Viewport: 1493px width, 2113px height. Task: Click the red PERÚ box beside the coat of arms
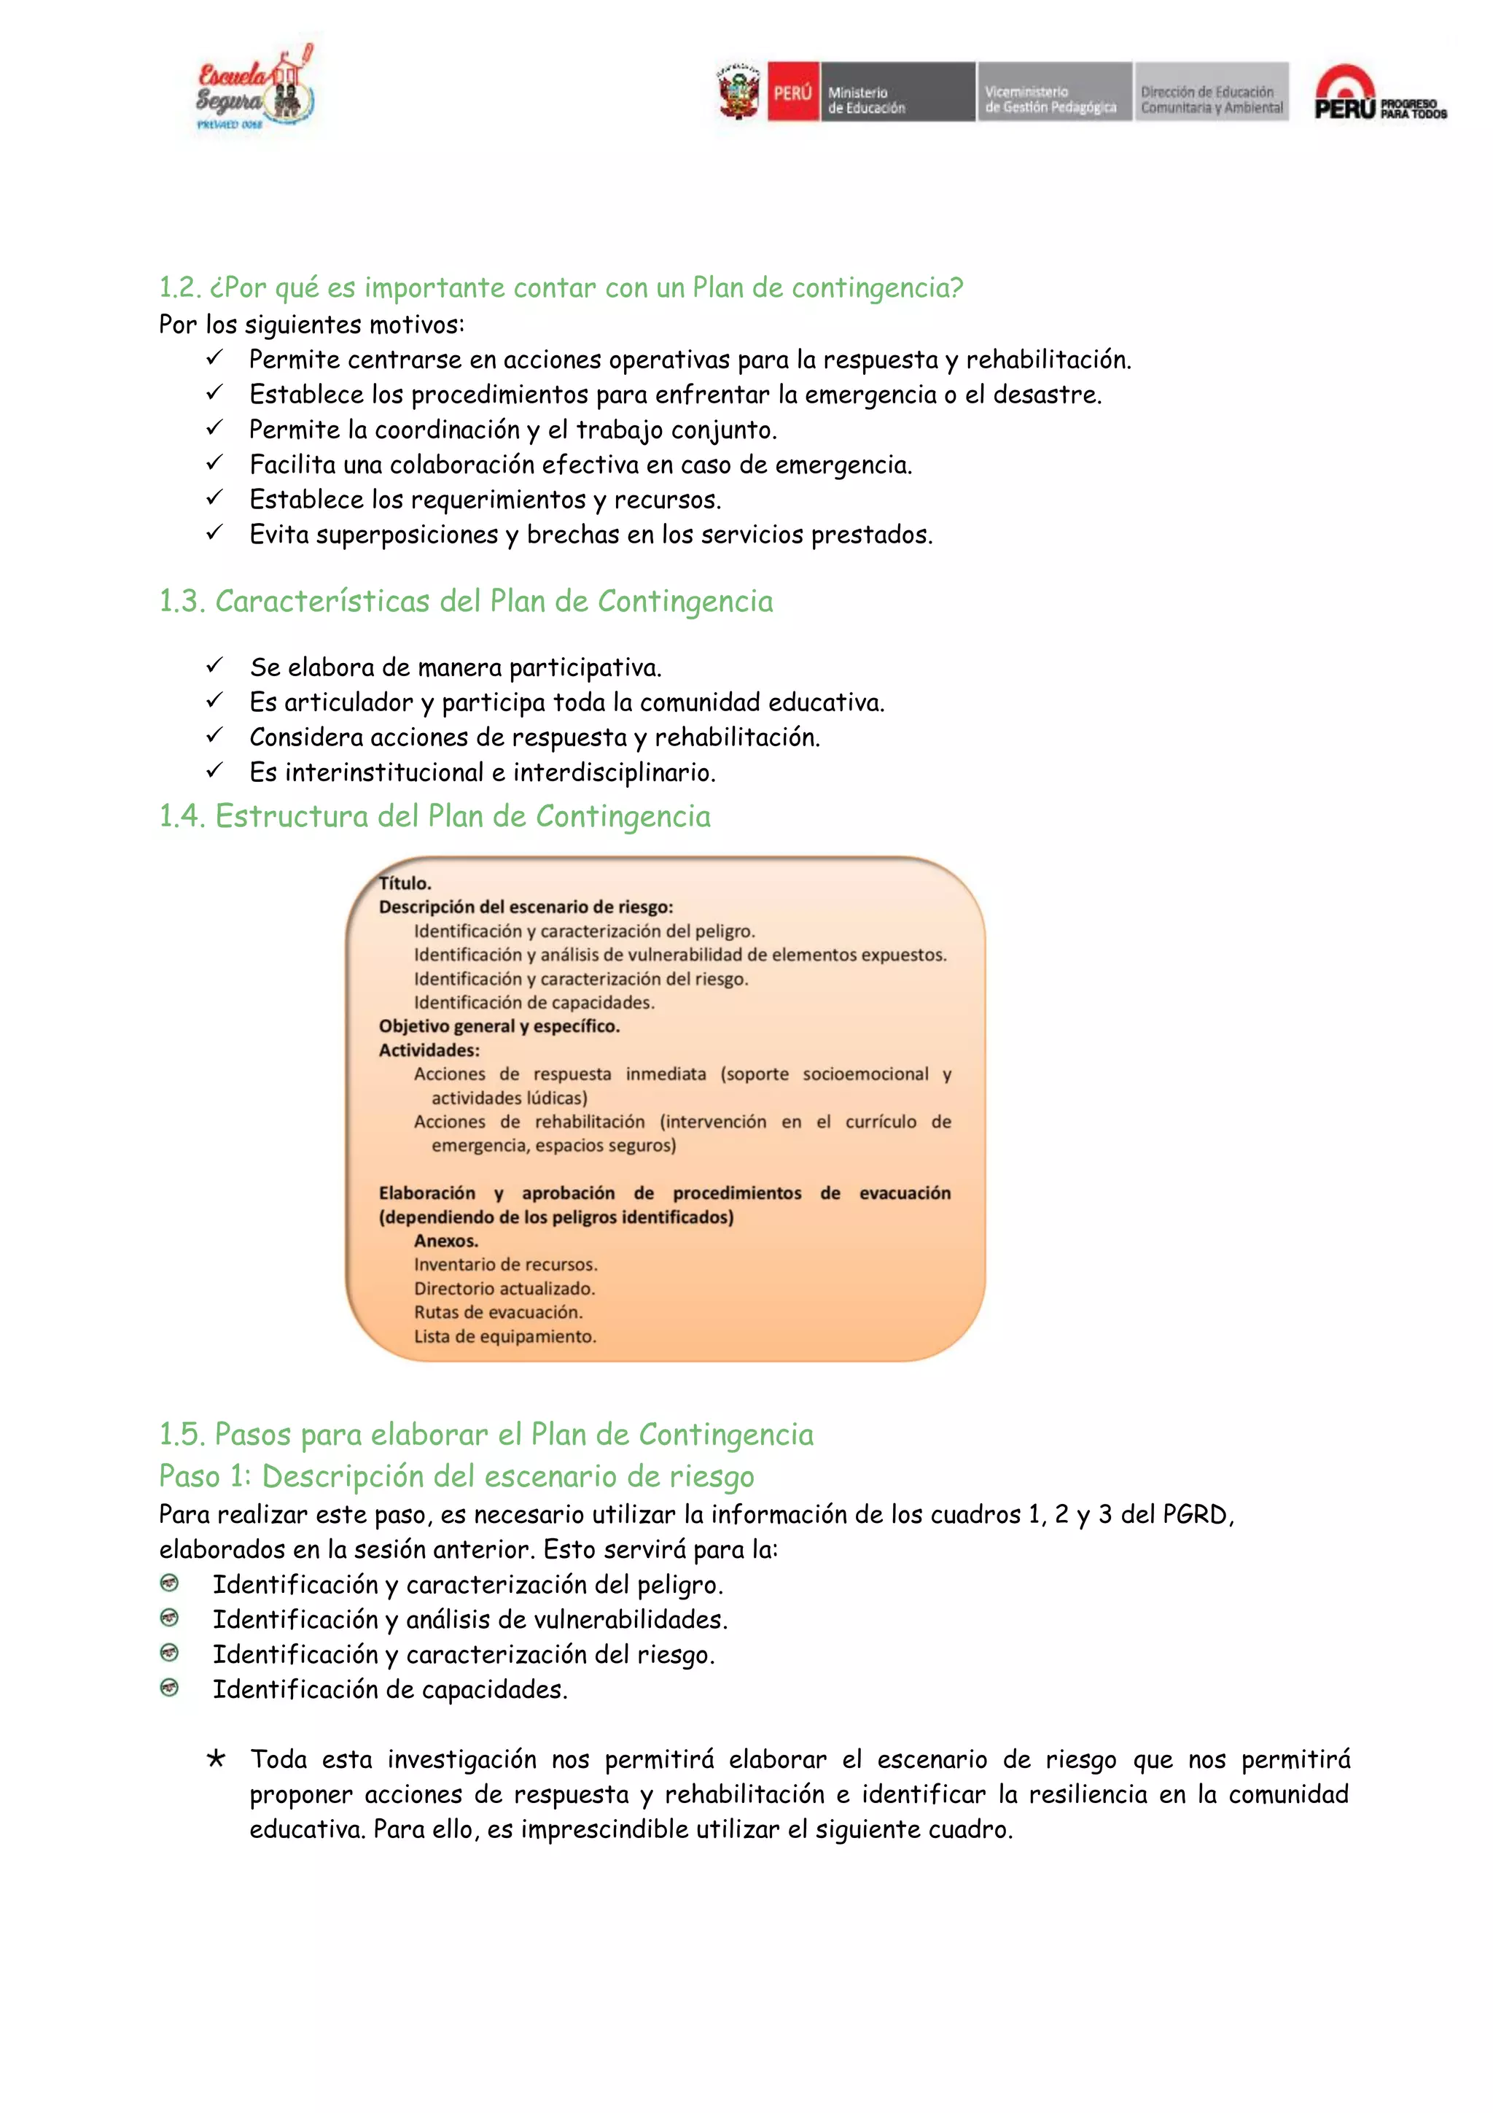pos(793,92)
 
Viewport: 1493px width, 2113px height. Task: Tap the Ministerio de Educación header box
pos(896,92)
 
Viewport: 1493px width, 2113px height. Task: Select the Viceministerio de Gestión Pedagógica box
pos(1053,92)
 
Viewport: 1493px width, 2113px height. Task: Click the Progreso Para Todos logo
pos(1379,94)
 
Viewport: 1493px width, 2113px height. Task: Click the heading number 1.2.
pos(179,288)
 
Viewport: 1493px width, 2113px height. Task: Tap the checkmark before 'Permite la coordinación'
pos(214,429)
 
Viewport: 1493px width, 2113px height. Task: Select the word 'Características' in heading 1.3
pos(323,601)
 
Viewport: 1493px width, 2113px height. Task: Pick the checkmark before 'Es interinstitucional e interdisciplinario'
pos(214,771)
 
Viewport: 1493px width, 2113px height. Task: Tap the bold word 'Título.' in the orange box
pos(405,883)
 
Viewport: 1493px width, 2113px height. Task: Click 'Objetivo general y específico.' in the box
pos(499,1026)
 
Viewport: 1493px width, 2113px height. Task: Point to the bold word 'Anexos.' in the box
pos(445,1241)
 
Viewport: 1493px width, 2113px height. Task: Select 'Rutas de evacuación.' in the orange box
pos(498,1312)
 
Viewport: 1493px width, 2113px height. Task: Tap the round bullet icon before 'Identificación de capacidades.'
pos(169,1688)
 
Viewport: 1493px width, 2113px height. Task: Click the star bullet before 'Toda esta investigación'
pos(215,1759)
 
